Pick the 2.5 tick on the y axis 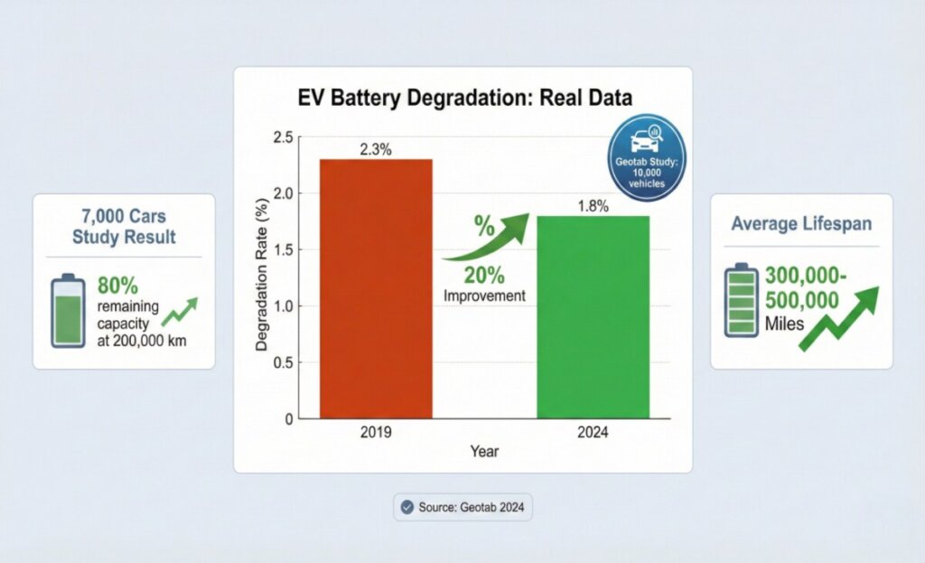coord(282,136)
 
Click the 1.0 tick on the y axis coord(282,306)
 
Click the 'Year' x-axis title coord(483,451)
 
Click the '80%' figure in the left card coord(117,286)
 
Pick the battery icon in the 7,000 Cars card coord(68,312)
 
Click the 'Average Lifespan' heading coord(801,224)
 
